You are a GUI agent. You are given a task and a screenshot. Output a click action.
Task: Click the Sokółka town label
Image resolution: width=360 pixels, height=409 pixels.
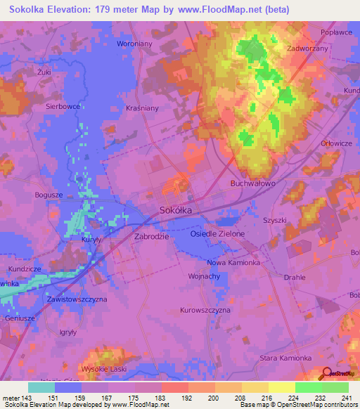click(x=176, y=209)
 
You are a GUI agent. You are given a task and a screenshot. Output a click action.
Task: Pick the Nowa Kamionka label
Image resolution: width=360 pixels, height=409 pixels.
click(x=234, y=262)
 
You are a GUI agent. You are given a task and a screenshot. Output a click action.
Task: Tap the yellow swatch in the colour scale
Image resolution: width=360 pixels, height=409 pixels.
click(x=281, y=387)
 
